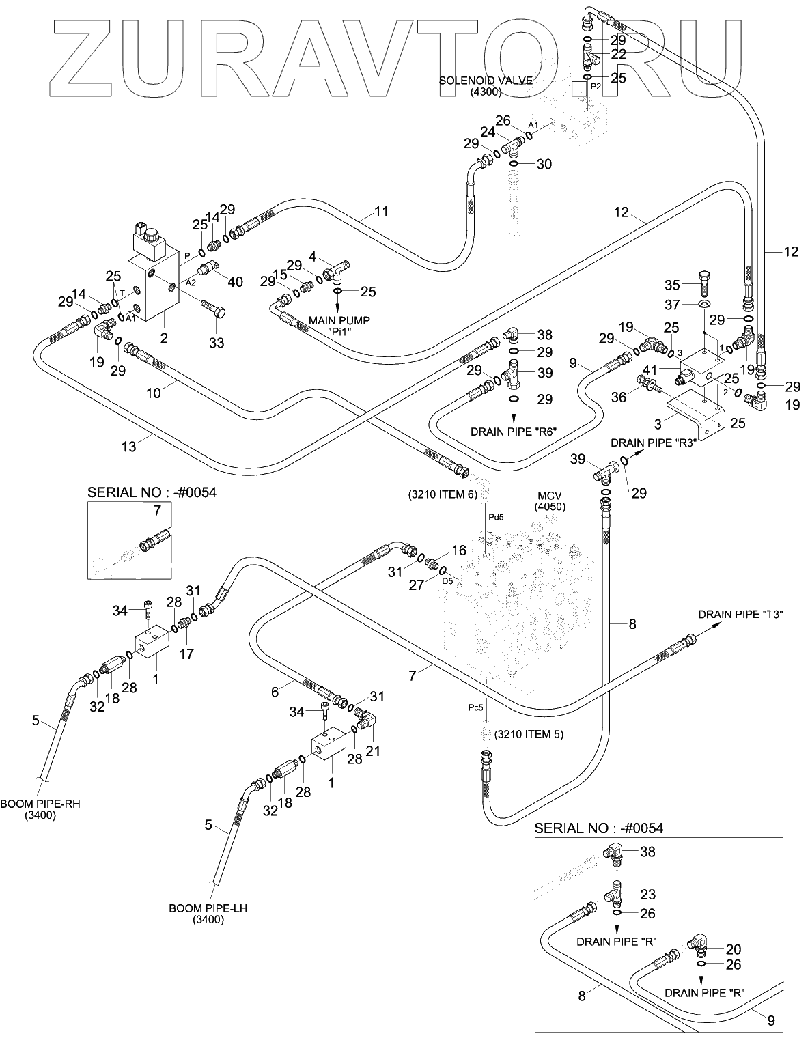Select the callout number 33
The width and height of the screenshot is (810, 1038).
click(216, 343)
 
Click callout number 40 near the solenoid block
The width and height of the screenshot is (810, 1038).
click(236, 281)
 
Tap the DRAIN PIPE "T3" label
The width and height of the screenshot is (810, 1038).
click(740, 615)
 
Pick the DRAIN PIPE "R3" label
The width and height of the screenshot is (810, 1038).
click(653, 442)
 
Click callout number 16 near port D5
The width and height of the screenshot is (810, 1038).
click(458, 550)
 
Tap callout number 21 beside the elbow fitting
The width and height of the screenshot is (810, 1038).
click(373, 751)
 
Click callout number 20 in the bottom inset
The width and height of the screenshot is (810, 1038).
click(734, 949)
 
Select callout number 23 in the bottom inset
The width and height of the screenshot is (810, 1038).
click(647, 895)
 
